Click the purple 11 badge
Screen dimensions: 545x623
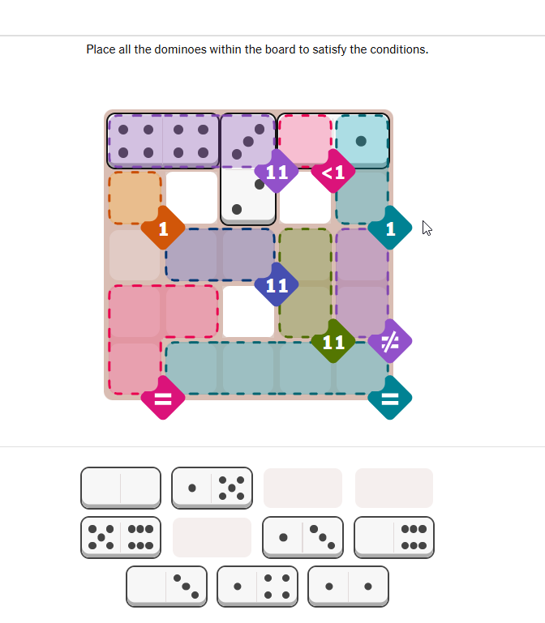pos(277,172)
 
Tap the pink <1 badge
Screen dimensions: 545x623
pos(333,172)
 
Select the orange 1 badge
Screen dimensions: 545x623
pos(163,228)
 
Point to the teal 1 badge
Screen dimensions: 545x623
pos(390,228)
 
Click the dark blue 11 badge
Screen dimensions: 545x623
pos(277,285)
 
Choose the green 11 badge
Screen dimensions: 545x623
pos(333,341)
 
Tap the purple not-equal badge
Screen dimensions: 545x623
pos(390,341)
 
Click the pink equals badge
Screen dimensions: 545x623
pos(163,398)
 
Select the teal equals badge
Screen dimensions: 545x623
pos(390,398)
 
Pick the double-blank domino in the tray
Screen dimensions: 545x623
pos(121,488)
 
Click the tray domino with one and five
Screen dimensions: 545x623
pos(212,488)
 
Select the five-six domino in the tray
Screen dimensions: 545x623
pos(121,538)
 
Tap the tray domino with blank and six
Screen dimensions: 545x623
pos(394,538)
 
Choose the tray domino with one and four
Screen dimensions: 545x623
pos(257,587)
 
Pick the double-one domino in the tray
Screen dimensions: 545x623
pos(348,587)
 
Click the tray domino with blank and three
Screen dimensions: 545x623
pos(167,587)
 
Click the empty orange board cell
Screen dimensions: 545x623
pos(135,198)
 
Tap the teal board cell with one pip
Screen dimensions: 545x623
pos(362,141)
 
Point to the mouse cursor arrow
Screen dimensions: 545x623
pos(427,228)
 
